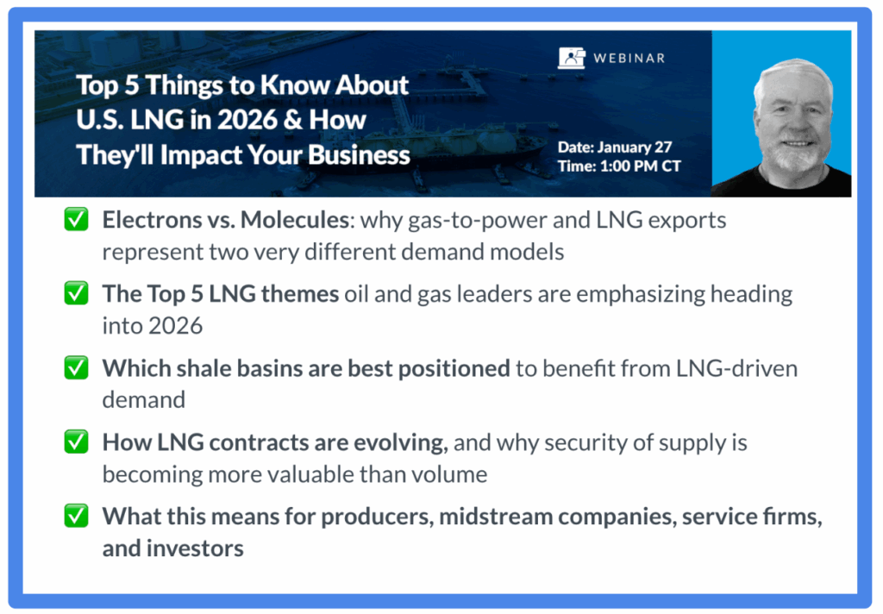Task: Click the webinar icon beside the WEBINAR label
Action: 572,58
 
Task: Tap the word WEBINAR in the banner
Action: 629,58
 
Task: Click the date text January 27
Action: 635,147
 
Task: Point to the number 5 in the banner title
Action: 131,85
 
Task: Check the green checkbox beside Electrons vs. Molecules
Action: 76,219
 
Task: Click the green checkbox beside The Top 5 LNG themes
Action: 76,293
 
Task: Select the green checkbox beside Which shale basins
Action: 76,367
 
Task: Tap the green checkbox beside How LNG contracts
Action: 76,442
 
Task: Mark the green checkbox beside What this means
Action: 76,516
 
